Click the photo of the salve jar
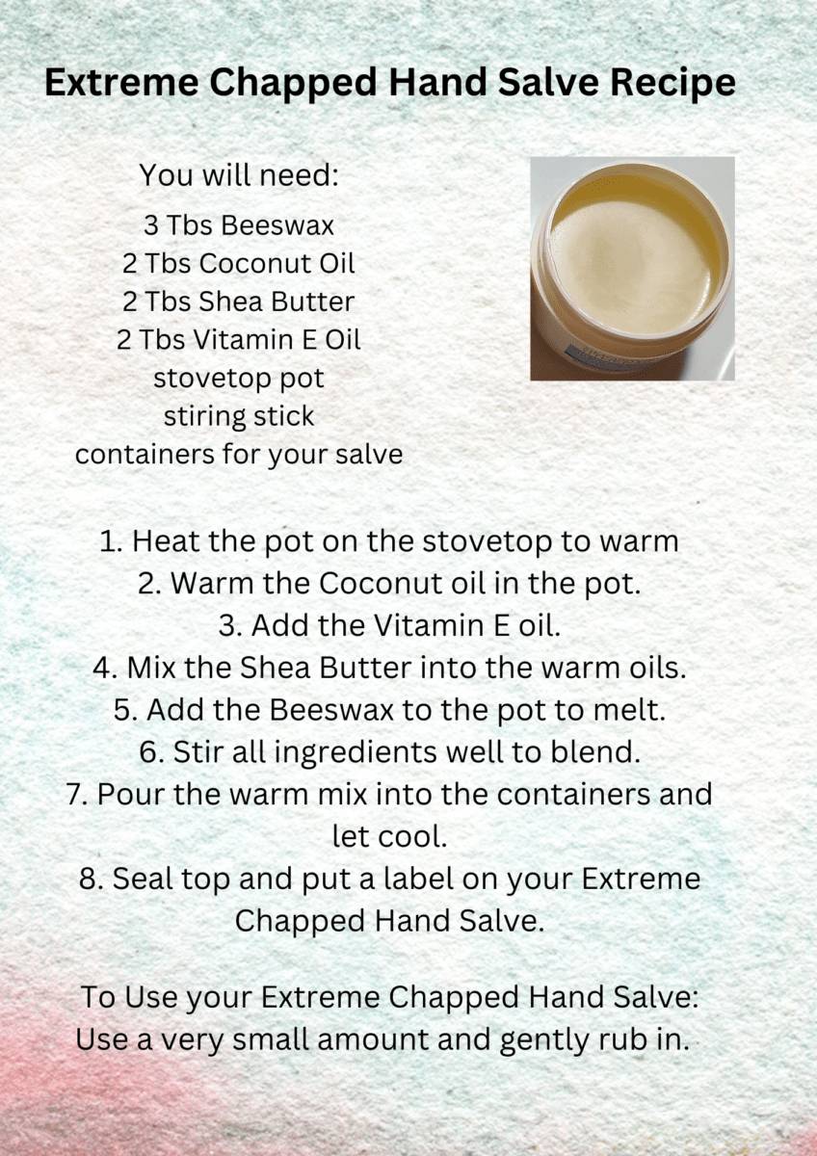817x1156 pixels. click(x=632, y=268)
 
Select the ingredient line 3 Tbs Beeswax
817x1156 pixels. click(x=239, y=225)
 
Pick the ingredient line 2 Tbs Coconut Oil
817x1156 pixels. click(x=239, y=263)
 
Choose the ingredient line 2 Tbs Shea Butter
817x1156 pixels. click(x=239, y=302)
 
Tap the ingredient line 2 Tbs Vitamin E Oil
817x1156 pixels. click(x=239, y=340)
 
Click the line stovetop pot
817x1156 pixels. click(x=239, y=378)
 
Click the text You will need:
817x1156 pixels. click(x=239, y=176)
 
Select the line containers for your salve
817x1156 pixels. click(x=239, y=454)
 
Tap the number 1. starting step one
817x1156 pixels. click(x=111, y=541)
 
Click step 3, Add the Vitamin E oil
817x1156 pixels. click(x=389, y=625)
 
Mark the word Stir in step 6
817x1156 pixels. click(x=197, y=752)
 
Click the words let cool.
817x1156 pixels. click(x=389, y=836)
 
